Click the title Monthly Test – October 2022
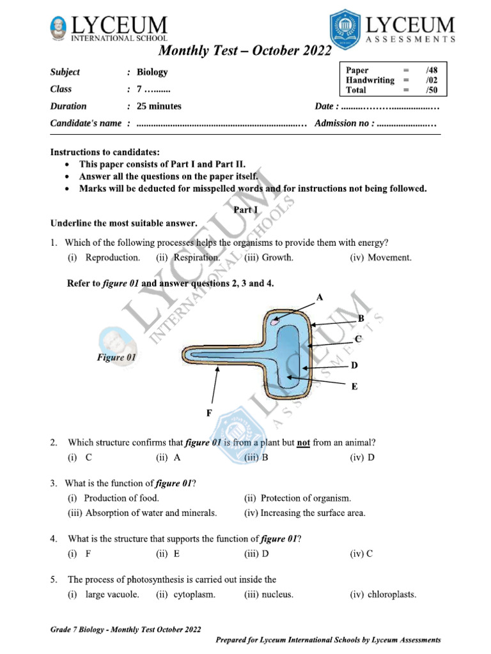pos(245,50)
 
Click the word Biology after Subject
pos(152,72)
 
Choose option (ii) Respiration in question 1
pos(187,258)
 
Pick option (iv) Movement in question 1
pos(380,258)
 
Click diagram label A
pos(320,297)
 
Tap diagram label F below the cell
pos(208,413)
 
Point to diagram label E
pos(354,386)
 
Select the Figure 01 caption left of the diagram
pos(116,358)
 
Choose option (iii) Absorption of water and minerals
pos(143,513)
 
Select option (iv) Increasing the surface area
pos(305,513)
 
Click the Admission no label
pos(343,123)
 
